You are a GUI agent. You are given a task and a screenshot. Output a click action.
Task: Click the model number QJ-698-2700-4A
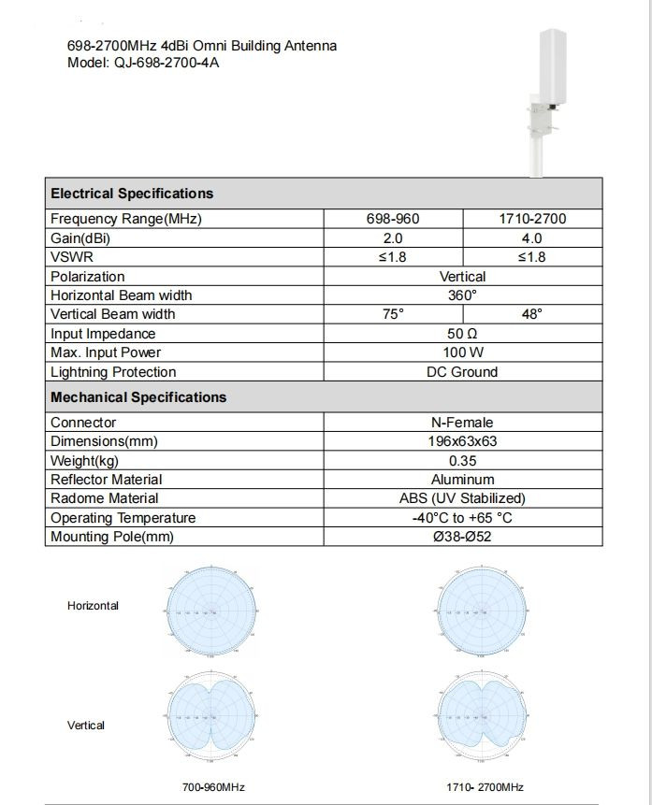167,64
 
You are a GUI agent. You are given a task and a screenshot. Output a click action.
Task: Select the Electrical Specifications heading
132,194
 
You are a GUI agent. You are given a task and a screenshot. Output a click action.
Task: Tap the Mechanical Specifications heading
138,397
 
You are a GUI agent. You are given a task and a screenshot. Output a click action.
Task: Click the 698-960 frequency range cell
393,220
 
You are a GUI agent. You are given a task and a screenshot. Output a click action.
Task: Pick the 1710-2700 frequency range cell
532,220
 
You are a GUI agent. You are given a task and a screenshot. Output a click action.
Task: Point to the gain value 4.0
532,238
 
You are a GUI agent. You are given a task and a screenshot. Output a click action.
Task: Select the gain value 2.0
393,238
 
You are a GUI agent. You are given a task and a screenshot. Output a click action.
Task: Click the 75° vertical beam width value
393,314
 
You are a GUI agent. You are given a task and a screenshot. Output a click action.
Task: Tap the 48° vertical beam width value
532,314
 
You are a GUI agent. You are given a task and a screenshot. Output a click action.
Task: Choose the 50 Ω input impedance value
462,334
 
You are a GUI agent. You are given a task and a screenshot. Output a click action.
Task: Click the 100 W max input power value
462,352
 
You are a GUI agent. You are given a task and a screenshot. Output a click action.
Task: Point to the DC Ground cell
462,372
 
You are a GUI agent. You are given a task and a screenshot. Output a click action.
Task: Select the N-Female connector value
462,423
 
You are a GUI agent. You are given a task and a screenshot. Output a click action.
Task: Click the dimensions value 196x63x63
462,441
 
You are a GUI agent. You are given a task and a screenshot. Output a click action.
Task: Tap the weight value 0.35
462,461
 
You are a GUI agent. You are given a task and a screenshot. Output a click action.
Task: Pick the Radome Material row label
105,498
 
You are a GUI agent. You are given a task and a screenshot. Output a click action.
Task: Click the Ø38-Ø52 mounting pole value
462,537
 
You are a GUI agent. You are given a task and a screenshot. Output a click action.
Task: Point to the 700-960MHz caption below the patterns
213,787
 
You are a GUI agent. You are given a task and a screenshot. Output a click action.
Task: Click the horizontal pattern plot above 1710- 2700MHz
484,612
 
